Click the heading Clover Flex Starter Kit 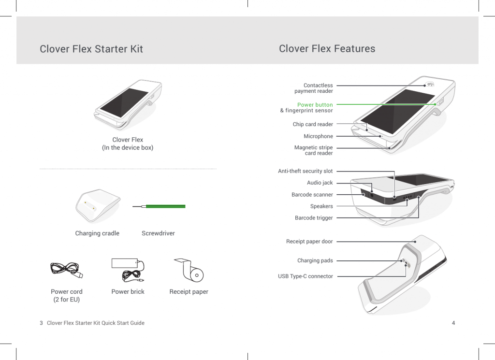[x=91, y=49]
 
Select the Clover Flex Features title [x=327, y=48]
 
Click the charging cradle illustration [x=98, y=206]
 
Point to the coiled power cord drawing [x=66, y=271]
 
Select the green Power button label [x=315, y=105]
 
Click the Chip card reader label [x=313, y=124]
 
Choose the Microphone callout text [x=318, y=136]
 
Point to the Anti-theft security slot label [x=305, y=171]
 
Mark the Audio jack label [x=320, y=183]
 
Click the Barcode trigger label [x=314, y=218]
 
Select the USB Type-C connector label [x=305, y=276]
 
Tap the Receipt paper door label [x=309, y=241]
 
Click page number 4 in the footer [x=453, y=323]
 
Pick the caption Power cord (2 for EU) [x=67, y=295]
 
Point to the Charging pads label [x=315, y=260]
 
